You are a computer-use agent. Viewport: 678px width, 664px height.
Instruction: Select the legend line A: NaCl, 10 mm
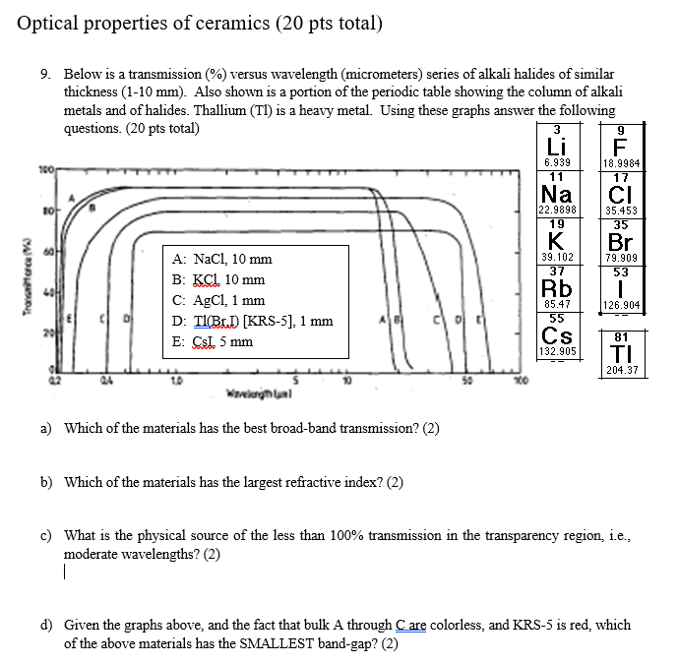221,260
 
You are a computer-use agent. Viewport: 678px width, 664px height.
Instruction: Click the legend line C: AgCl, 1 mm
218,301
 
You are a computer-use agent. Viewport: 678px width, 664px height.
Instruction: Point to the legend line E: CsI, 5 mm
212,342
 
